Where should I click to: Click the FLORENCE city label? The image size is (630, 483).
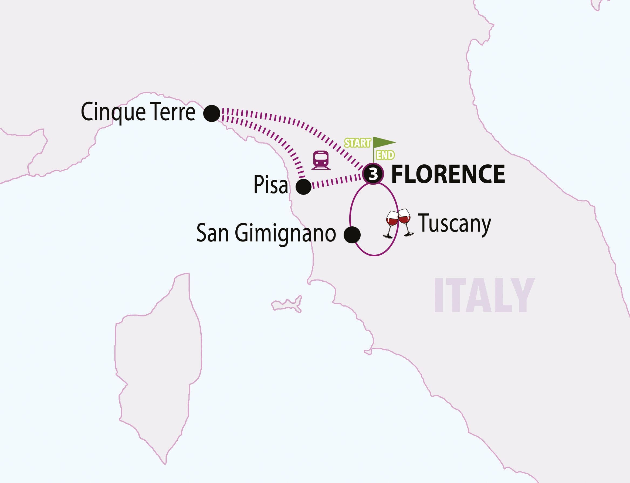click(x=448, y=174)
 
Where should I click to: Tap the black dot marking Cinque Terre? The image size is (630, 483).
click(x=212, y=113)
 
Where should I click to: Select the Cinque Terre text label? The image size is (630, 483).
click(x=138, y=112)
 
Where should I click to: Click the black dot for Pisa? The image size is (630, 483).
click(x=303, y=187)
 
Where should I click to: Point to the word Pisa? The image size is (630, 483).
click(x=270, y=185)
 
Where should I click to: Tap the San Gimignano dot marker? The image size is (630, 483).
click(x=352, y=235)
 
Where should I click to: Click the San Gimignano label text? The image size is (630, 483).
click(x=266, y=233)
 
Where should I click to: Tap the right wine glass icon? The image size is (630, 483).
click(x=405, y=221)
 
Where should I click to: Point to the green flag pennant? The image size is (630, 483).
click(x=384, y=142)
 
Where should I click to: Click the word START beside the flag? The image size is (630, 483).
click(x=357, y=143)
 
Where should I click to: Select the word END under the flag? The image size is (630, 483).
click(x=385, y=155)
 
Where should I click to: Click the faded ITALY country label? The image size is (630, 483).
click(x=484, y=295)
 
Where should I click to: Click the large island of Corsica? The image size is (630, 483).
click(x=158, y=359)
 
